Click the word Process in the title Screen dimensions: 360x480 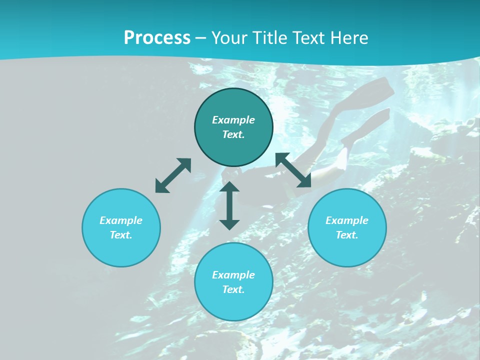pyautogui.click(x=157, y=37)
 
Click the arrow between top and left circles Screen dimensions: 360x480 pyautogui.click(x=173, y=175)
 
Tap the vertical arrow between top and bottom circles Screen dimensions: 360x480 pyautogui.click(x=229, y=205)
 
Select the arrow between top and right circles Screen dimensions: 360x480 pyautogui.click(x=293, y=170)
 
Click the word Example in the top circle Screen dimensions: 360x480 pyautogui.click(x=233, y=120)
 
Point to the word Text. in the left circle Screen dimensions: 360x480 pyautogui.click(x=121, y=235)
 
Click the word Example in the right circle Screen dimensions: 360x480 pyautogui.click(x=347, y=220)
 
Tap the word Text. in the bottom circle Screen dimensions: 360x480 pyautogui.click(x=233, y=289)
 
